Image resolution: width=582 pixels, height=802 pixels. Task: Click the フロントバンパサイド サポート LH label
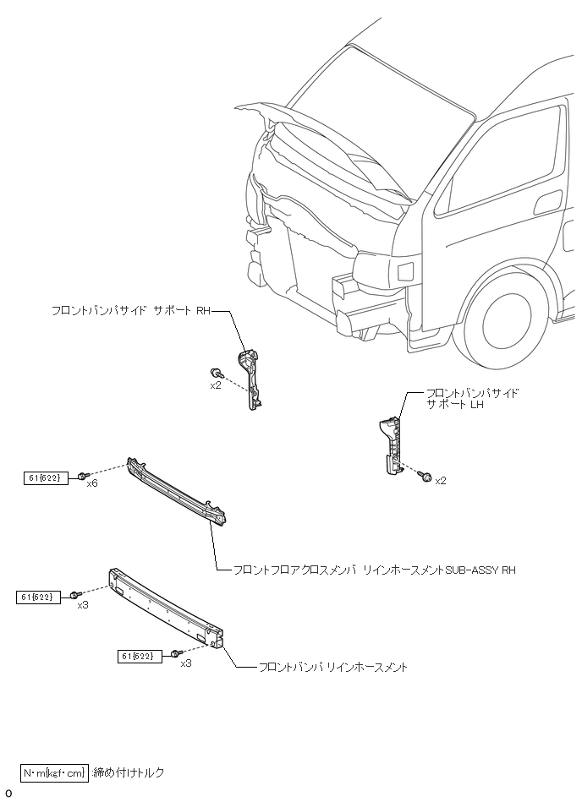[x=472, y=399]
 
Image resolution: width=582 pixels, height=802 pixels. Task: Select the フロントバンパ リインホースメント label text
[x=333, y=668]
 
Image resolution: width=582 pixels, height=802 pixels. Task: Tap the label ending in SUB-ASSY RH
[x=373, y=570]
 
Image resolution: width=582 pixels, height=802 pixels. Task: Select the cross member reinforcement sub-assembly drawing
[x=178, y=493]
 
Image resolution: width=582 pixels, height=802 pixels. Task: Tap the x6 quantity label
[x=92, y=484]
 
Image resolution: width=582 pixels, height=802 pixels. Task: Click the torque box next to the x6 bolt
[x=43, y=478]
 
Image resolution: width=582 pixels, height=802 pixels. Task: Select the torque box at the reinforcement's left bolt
[x=36, y=597]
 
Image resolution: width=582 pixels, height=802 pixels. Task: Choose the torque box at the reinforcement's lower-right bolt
[x=140, y=655]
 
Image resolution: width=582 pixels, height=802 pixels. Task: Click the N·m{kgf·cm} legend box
[x=54, y=772]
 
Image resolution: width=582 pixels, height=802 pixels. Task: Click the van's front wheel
[x=511, y=320]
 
